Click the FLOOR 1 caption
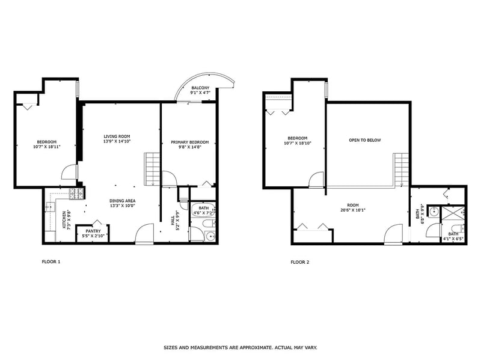point(51,261)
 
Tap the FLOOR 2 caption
point(300,262)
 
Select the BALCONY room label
point(200,88)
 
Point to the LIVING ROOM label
point(117,136)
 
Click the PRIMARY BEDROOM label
point(190,142)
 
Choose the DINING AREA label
point(123,201)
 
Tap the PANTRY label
point(93,231)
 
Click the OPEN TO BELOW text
point(365,140)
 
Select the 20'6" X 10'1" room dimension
point(353,210)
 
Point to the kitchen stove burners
point(76,194)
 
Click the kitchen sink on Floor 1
point(50,207)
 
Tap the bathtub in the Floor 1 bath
point(203,212)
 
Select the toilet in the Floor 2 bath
point(461,229)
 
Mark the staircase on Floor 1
point(152,169)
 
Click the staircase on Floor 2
point(401,169)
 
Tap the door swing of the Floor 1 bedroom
point(69,172)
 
